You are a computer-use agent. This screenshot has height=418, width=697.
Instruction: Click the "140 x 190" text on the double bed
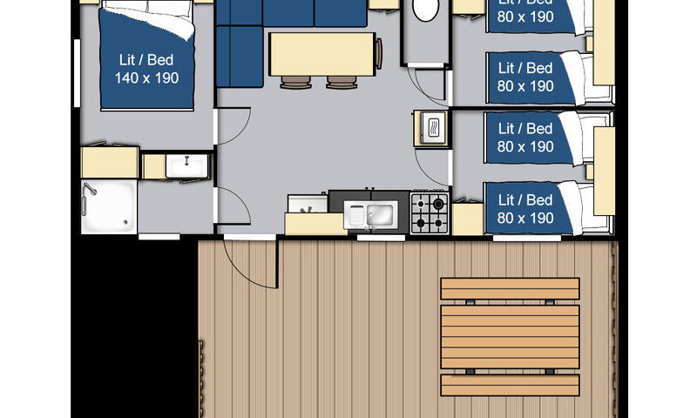146,78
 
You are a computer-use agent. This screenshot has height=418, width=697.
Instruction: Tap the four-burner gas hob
430,212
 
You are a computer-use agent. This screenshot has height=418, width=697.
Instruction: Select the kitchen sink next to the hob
371,215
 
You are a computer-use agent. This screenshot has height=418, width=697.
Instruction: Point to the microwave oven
432,128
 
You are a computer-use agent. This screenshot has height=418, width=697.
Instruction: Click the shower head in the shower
91,189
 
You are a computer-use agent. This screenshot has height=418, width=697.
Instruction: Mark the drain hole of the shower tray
126,222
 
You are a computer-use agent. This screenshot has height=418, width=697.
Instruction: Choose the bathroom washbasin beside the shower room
186,165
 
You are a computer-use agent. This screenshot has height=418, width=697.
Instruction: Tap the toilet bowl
425,10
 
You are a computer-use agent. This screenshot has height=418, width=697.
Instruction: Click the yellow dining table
322,55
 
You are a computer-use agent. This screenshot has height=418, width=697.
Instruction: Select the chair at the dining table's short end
379,54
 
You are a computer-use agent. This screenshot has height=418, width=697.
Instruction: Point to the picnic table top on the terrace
510,337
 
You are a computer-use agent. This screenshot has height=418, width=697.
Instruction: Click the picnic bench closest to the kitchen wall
510,288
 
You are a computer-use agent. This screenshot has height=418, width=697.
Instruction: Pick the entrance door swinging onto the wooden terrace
250,263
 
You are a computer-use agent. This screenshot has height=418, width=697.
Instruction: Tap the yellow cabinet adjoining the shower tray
110,163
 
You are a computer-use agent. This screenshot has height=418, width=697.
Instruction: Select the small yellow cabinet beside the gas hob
468,219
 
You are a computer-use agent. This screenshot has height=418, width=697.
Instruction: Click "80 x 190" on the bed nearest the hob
525,218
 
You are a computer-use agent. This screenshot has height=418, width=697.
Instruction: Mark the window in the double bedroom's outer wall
77,73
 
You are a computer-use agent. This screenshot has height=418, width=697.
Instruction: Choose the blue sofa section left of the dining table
240,57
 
